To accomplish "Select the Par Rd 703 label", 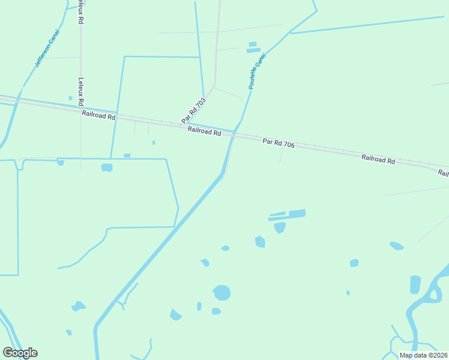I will [x=193, y=110].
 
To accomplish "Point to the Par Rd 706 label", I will [x=279, y=143].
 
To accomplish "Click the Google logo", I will [x=20, y=353].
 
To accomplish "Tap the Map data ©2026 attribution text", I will [x=424, y=355].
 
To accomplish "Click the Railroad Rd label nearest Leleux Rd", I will [x=98, y=115].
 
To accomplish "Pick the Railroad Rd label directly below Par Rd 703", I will [x=204, y=131].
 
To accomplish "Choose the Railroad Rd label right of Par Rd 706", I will [x=378, y=160].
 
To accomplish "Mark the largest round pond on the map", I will [x=221, y=293].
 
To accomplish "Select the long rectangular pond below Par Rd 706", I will [x=297, y=214].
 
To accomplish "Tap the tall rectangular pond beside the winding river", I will [x=415, y=284].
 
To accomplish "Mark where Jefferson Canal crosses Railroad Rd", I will [x=19, y=100].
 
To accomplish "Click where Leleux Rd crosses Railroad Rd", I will [x=80, y=110].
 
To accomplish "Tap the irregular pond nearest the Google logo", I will [x=77, y=307].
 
